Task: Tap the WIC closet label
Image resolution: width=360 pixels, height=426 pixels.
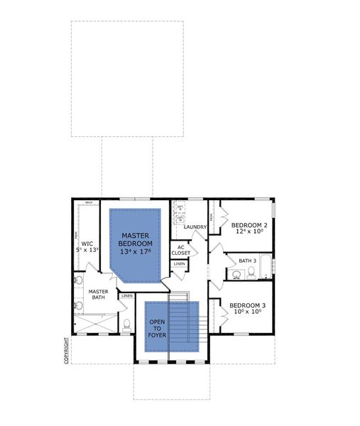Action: [87, 243]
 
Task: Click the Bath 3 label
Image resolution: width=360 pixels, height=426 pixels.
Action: [246, 260]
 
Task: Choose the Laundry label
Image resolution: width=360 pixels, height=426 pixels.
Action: [195, 227]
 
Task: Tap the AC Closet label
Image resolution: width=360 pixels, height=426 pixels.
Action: [180, 250]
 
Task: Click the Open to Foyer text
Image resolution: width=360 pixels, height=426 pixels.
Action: [156, 328]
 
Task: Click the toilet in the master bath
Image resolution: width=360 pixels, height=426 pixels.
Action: [126, 326]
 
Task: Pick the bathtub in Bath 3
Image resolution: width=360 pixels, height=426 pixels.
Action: [266, 266]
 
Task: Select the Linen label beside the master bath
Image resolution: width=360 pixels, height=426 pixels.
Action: [127, 295]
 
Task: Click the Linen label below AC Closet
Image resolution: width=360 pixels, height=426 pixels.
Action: [180, 264]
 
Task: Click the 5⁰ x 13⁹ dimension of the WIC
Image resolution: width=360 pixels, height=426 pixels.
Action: [88, 250]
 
